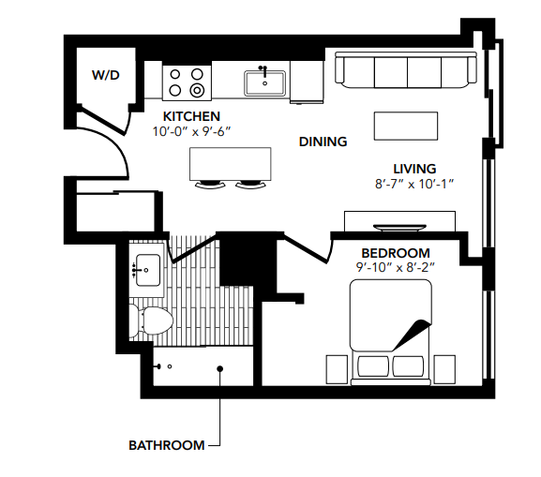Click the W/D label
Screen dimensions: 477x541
105,73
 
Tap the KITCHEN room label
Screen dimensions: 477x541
191,115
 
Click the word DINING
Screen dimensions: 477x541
323,142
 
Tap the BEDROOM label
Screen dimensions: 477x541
396,253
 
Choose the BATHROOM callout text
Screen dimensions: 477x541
166,445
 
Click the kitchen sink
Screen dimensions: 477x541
264,83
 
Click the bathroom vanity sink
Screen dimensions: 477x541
147,269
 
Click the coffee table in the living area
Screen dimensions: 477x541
405,125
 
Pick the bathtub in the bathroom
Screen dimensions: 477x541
197,368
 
